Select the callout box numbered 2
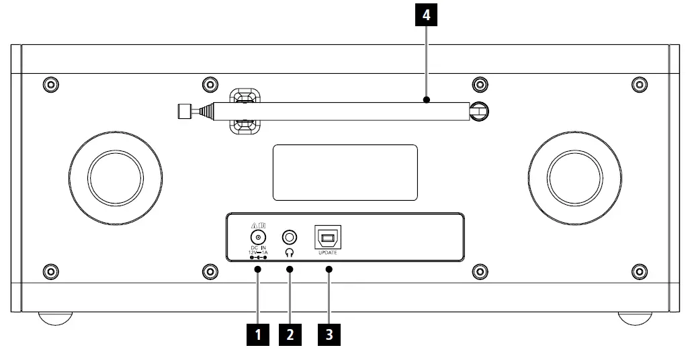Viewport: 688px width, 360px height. pos(290,334)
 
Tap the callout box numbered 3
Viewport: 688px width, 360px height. pos(329,334)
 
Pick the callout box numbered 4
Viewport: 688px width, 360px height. pos(426,16)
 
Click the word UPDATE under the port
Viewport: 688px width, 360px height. pos(328,253)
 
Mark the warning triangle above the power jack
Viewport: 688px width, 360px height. pos(254,225)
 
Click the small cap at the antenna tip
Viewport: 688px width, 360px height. pos(182,111)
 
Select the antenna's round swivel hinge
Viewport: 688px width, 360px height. pos(478,111)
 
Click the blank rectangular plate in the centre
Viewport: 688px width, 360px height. pos(345,172)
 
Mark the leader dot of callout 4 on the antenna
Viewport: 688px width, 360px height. pos(426,100)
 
